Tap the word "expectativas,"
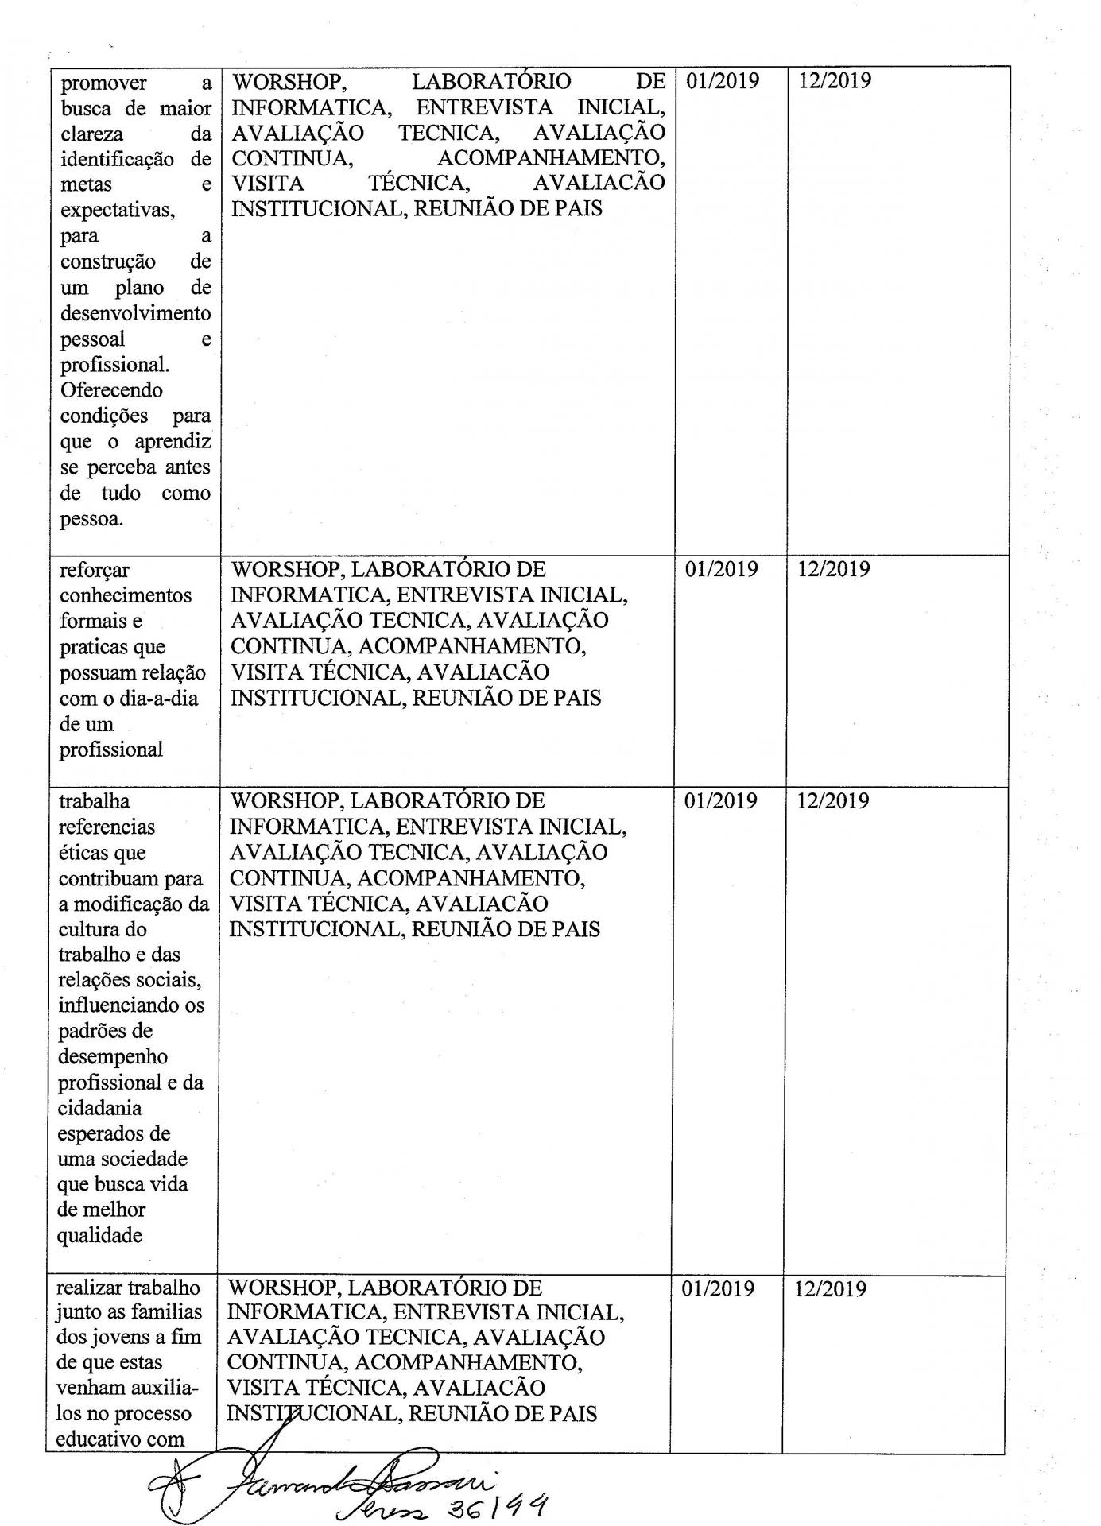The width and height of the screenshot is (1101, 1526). point(118,210)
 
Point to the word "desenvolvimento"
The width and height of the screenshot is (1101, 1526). point(135,312)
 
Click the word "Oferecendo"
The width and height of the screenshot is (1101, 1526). point(111,389)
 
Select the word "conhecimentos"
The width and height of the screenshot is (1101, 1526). point(126,595)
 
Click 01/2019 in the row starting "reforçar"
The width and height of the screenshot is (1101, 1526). point(722,569)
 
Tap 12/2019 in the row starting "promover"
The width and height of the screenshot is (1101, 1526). point(835,81)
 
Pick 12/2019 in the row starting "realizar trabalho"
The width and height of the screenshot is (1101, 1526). point(831,1288)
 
